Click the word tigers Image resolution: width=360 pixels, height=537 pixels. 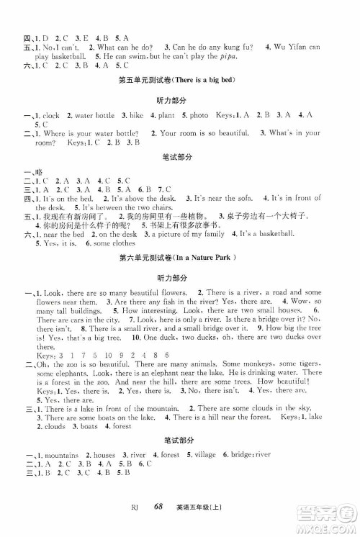(307, 366)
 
